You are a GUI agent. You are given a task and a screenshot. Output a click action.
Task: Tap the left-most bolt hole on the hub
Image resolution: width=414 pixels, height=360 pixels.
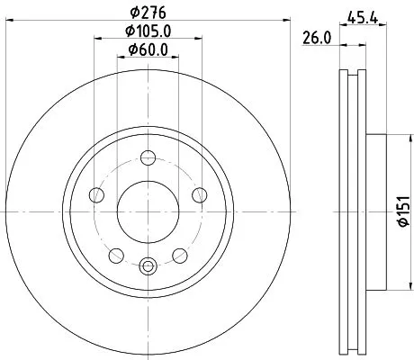coord(97,193)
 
